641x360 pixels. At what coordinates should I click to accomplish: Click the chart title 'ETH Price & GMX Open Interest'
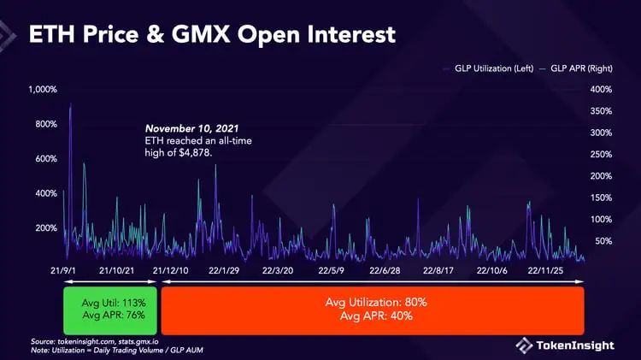point(212,35)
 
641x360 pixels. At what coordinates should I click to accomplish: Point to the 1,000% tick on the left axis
point(41,90)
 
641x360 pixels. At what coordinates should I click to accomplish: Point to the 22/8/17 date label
point(439,270)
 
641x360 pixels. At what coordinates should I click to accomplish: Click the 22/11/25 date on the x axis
point(549,270)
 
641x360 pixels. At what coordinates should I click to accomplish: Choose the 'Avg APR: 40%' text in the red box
point(372,316)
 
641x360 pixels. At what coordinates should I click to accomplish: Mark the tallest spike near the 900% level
point(70,104)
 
